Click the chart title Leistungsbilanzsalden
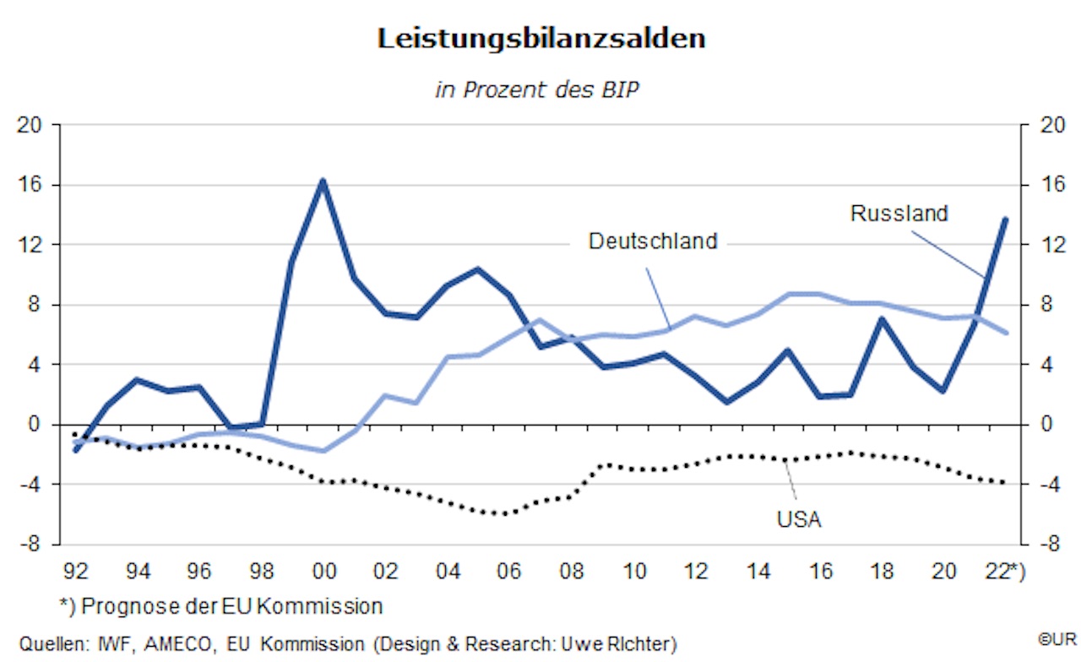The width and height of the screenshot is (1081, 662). [x=540, y=40]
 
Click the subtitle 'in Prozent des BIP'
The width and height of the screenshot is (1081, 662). [x=537, y=90]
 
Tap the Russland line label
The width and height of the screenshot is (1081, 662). [x=899, y=214]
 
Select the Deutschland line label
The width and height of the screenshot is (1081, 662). [x=653, y=241]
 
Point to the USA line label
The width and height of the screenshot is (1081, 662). [x=799, y=518]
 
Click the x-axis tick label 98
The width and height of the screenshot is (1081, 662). [x=262, y=572]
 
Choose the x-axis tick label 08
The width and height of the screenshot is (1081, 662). [x=572, y=572]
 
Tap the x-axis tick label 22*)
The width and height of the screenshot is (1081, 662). [x=1005, y=572]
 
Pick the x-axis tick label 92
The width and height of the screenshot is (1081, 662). [x=76, y=572]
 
